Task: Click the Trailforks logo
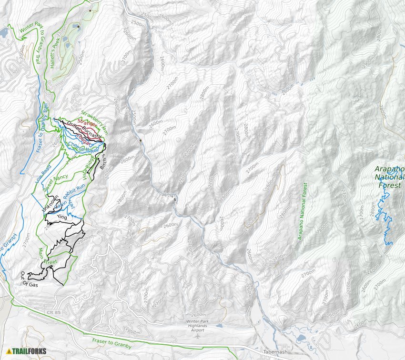point(27,351)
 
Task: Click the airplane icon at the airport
point(198,335)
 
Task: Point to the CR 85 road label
point(67,313)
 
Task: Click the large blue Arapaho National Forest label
point(389,177)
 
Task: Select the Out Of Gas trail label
point(29,279)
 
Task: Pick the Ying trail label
point(62,217)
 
